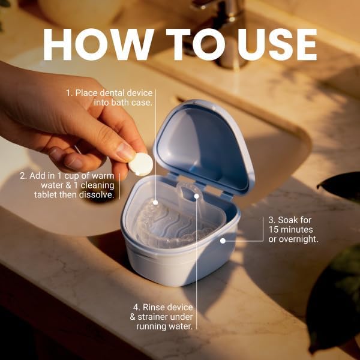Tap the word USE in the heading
tap(277, 44)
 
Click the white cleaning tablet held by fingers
tap(141, 164)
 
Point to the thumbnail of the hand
tap(125, 152)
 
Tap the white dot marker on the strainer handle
tap(197, 196)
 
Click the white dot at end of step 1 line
tap(155, 203)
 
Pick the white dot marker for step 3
tap(223, 241)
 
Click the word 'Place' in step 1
tap(86, 93)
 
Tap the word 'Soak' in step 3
tap(288, 220)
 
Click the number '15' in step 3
tap(274, 230)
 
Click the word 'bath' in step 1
tap(120, 103)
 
